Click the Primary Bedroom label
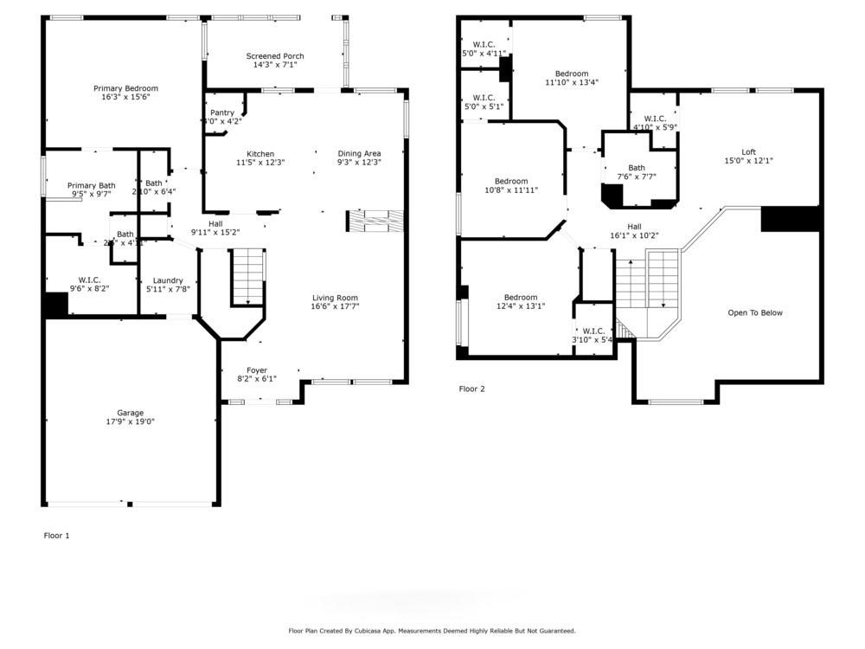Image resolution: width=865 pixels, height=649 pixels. click(x=126, y=88)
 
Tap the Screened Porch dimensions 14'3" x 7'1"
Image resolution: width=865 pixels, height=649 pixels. click(x=275, y=65)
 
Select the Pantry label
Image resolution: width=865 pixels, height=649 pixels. click(x=222, y=112)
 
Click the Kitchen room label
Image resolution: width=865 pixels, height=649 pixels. click(x=260, y=153)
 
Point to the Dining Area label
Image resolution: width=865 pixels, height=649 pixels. click(x=359, y=153)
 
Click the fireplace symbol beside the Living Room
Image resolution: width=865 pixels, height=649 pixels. click(x=375, y=221)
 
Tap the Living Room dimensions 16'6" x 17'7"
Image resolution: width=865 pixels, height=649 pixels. click(x=335, y=306)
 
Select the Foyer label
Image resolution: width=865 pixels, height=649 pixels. click(x=257, y=369)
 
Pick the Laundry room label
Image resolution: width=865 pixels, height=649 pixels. click(x=168, y=280)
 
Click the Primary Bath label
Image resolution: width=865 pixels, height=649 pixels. click(x=92, y=185)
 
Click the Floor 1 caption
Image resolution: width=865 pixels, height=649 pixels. click(x=56, y=536)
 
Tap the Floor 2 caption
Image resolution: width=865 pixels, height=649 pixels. click(x=471, y=389)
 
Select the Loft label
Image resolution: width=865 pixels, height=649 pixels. click(x=748, y=151)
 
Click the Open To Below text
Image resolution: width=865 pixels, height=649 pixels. click(x=754, y=313)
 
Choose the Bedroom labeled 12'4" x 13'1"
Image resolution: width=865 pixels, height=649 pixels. click(x=521, y=297)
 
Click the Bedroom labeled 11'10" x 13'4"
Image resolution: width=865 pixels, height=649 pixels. click(x=572, y=74)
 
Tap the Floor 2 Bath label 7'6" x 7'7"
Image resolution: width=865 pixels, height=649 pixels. click(x=637, y=168)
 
